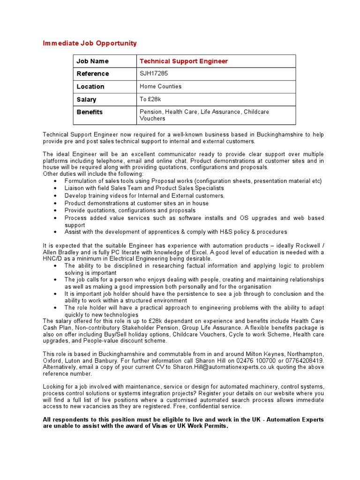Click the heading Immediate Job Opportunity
[90, 43]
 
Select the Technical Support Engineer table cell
[184, 61]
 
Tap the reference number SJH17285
[154, 74]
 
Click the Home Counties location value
[160, 86]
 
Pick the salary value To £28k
[150, 99]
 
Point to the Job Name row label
[92, 61]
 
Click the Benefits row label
[90, 112]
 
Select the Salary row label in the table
[86, 99]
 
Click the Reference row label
[92, 74]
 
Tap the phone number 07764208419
[304, 360]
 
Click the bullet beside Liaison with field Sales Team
[55, 188]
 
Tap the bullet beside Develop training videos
[55, 196]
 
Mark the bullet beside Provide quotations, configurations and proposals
[55, 211]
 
